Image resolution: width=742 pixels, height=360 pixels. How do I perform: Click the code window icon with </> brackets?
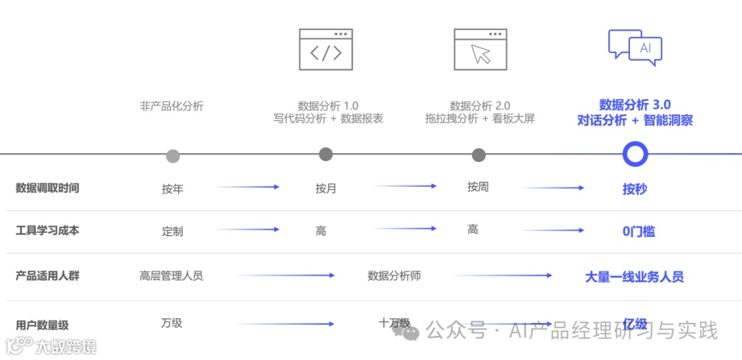tap(326, 49)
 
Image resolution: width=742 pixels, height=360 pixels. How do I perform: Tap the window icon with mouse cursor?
tap(480, 49)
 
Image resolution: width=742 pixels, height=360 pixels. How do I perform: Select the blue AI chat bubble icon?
tap(635, 47)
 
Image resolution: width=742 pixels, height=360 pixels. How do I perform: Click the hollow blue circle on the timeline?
tap(635, 154)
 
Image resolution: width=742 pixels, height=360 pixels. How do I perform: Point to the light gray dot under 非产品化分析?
tap(173, 156)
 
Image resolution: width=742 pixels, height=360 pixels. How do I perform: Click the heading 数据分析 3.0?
tap(635, 104)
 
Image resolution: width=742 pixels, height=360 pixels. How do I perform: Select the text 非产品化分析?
tap(172, 106)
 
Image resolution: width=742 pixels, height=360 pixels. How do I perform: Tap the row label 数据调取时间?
tap(47, 188)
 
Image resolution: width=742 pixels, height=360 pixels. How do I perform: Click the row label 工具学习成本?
tap(47, 230)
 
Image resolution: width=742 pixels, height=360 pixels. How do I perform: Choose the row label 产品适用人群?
tap(47, 275)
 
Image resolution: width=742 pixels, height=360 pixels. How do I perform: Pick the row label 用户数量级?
tap(43, 325)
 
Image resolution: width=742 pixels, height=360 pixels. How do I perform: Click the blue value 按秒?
tap(635, 189)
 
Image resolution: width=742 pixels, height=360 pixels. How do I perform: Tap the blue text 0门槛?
tap(638, 232)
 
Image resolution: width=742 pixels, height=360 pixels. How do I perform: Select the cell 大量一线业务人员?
tap(634, 277)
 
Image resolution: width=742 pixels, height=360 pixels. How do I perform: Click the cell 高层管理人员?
tap(171, 275)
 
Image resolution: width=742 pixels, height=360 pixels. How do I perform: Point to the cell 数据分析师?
tap(394, 275)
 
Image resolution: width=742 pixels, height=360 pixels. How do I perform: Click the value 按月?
tap(326, 188)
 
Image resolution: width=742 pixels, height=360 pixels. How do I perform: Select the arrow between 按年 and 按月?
tap(248, 187)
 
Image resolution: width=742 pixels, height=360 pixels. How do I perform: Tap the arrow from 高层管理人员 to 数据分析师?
tap(286, 275)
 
